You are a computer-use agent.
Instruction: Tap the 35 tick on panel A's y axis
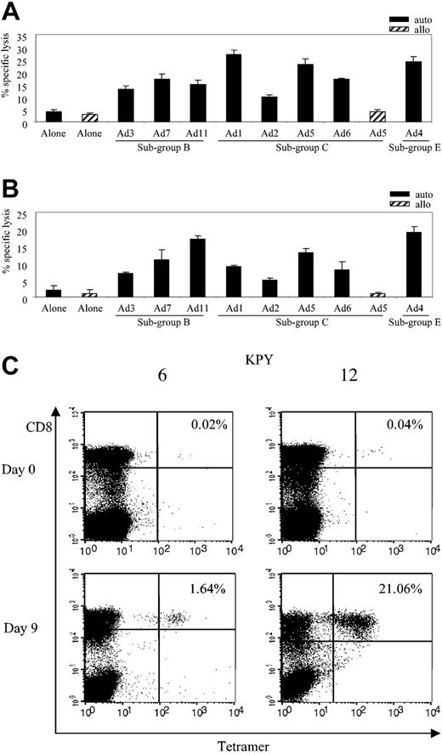pyautogui.click(x=21, y=37)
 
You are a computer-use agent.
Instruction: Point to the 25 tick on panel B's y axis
pyautogui.click(x=21, y=213)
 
